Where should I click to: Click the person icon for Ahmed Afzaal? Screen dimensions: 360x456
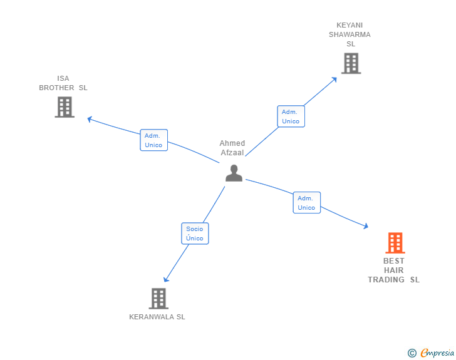[234, 173]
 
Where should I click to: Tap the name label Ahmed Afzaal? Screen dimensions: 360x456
[232, 148]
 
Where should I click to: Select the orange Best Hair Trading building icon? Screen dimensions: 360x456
[395, 242]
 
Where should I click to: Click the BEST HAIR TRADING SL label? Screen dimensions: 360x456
[393, 270]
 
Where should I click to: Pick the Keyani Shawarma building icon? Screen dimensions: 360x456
[351, 63]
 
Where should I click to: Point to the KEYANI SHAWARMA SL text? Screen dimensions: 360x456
[350, 34]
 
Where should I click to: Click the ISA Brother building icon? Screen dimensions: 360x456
[65, 107]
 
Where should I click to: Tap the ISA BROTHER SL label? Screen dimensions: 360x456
[63, 83]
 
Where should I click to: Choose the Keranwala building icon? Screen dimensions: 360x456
[158, 298]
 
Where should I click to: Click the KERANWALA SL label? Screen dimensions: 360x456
[157, 317]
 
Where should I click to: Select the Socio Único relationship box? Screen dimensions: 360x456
[195, 234]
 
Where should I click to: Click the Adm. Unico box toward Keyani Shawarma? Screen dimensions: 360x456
[291, 116]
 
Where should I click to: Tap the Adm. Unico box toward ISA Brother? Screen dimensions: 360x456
[153, 140]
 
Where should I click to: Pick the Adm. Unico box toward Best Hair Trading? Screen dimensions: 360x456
[306, 203]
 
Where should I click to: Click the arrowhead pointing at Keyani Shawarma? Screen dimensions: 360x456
[334, 79]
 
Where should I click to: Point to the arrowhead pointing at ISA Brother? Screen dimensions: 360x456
[90, 118]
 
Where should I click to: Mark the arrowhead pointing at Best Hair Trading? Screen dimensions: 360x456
[365, 227]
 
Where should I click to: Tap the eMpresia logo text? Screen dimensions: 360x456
[437, 353]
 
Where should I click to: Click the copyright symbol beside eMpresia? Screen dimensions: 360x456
[412, 353]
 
